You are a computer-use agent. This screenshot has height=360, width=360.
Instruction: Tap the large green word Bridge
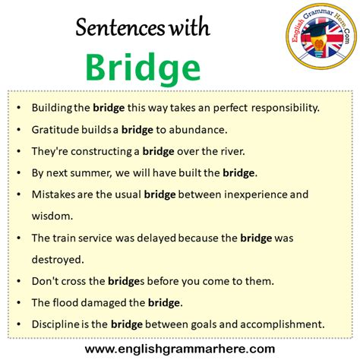coord(142,68)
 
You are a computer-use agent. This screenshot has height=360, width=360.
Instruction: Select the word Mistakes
coord(55,194)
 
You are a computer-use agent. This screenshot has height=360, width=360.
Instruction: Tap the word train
coord(66,238)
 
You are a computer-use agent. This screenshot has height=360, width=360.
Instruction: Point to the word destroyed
coord(57,259)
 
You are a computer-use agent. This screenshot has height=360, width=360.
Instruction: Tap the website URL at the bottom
coord(180,349)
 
